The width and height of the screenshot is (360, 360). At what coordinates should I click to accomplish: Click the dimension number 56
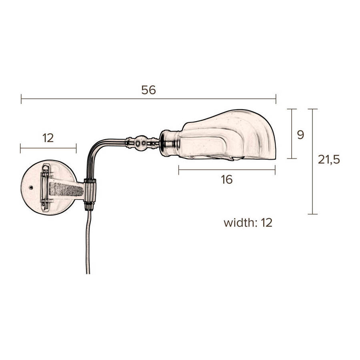pos(148,90)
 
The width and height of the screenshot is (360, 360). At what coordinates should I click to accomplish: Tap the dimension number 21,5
pos(328,159)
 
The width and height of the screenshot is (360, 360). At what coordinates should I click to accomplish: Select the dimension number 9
pos(300,135)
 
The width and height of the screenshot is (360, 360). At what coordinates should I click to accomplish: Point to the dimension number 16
pos(227,179)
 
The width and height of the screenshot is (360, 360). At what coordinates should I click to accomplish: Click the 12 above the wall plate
pos(48,138)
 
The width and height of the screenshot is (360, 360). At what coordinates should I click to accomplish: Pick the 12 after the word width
pos(267,222)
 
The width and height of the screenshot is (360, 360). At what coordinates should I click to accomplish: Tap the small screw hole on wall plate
pos(31,188)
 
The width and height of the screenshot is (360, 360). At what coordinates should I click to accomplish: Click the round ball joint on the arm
pos(141,143)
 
